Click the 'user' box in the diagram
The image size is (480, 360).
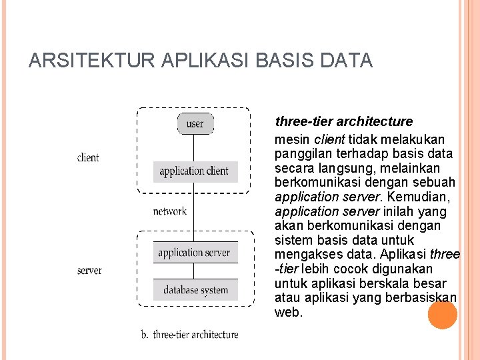coord(195,123)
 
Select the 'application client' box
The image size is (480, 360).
coord(194,171)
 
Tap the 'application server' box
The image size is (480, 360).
coord(194,253)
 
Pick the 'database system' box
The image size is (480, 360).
coord(195,290)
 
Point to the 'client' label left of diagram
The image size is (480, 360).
coord(88,158)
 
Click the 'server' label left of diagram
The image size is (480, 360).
coord(89,271)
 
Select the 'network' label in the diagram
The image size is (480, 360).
coord(169,211)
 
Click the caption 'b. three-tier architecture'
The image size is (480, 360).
coord(189,335)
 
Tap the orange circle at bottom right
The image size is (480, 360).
coord(442,315)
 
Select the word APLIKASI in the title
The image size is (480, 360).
coord(201,61)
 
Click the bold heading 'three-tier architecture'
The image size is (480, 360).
coord(344,122)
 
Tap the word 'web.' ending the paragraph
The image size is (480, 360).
coord(289,312)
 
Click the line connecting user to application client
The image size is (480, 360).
coord(195,147)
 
